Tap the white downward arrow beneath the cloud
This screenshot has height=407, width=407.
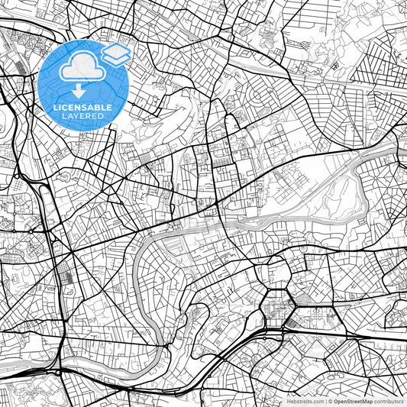(x=80, y=89)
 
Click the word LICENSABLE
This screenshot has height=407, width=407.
(x=81, y=107)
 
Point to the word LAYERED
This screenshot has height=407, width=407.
(x=81, y=116)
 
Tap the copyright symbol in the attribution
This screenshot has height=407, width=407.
(x=331, y=401)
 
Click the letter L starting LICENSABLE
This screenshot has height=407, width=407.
(x=54, y=107)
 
